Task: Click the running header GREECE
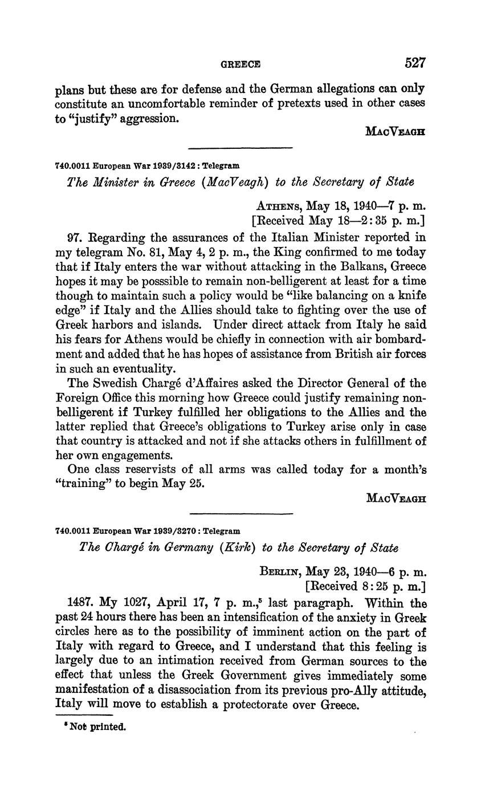click(x=240, y=64)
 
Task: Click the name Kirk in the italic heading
click(x=229, y=547)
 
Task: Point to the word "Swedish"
click(x=114, y=383)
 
